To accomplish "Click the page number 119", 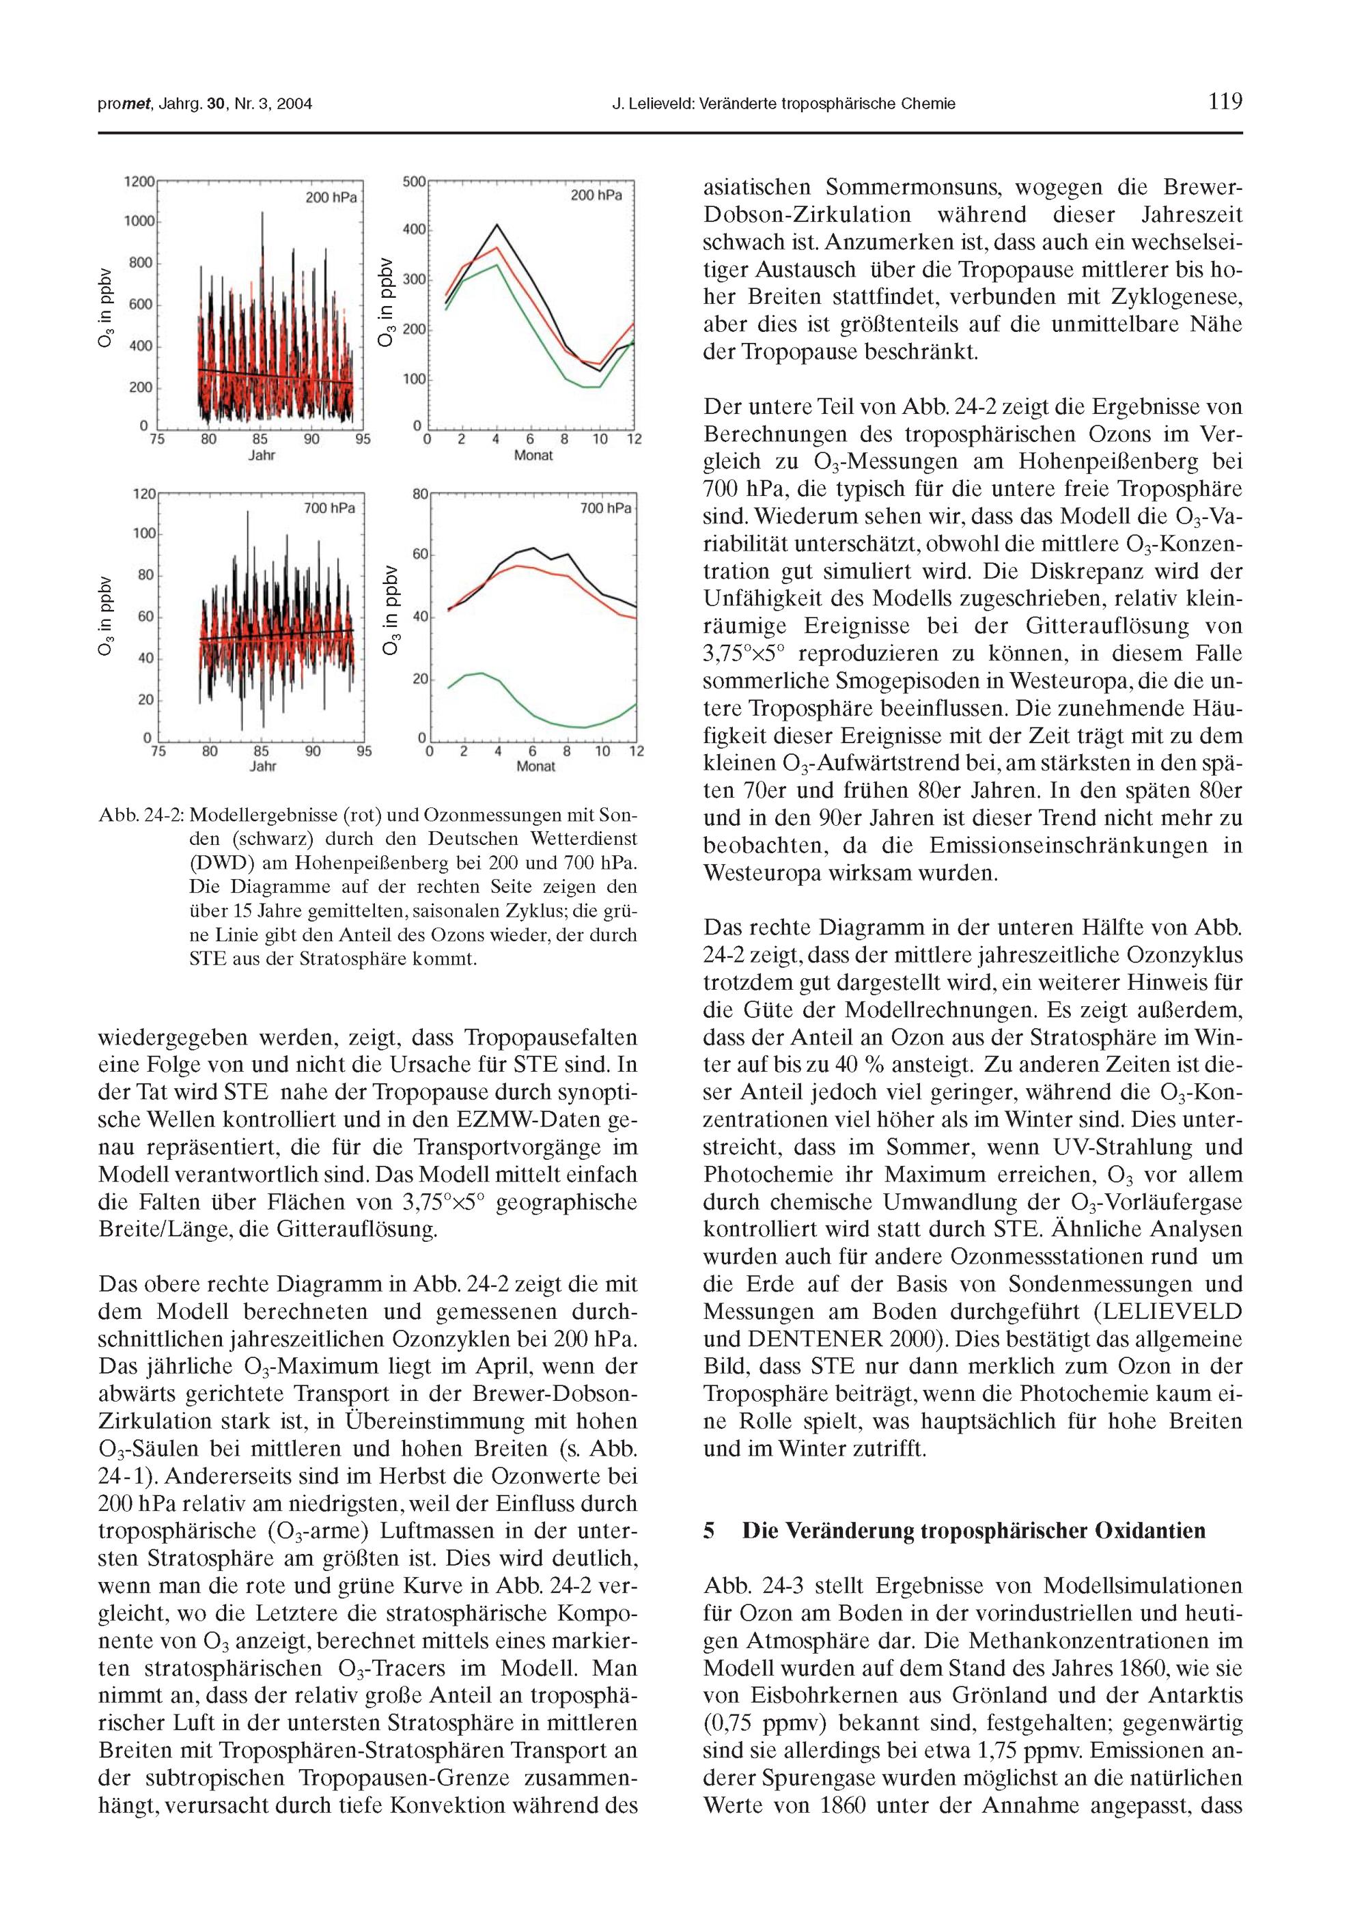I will [1225, 102].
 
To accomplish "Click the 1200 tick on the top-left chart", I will [139, 182].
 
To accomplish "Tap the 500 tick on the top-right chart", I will [415, 182].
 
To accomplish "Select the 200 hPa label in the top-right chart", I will [596, 196].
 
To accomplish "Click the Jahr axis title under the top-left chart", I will [262, 456].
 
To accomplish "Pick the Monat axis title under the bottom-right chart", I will [535, 766].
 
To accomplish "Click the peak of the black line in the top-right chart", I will [497, 225].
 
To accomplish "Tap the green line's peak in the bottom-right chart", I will [480, 673].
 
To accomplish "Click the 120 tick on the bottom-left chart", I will [145, 495].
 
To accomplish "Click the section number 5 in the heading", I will [708, 1531].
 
